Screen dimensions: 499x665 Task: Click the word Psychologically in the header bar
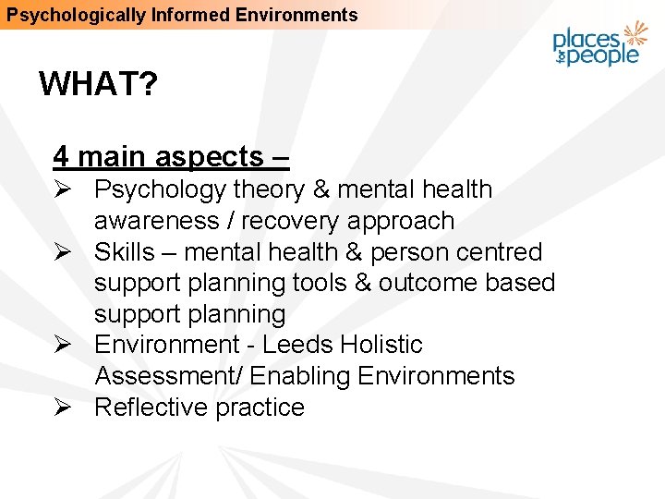pos(60,15)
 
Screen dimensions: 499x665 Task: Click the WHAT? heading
pos(98,85)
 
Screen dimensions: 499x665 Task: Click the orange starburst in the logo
pos(635,34)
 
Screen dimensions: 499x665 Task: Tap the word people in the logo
pos(606,55)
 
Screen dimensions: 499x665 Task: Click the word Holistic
pos(381,345)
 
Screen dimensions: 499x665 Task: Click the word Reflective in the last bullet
pos(148,408)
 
